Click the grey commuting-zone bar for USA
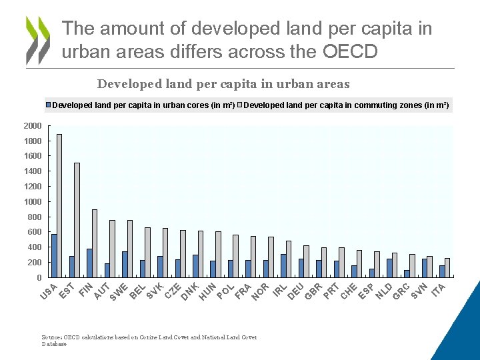59,205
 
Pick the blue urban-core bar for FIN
89,263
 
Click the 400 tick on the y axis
33,247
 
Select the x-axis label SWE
119,291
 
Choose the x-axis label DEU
295,291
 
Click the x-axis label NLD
383,291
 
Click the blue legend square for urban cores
48,105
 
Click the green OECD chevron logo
38,40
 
